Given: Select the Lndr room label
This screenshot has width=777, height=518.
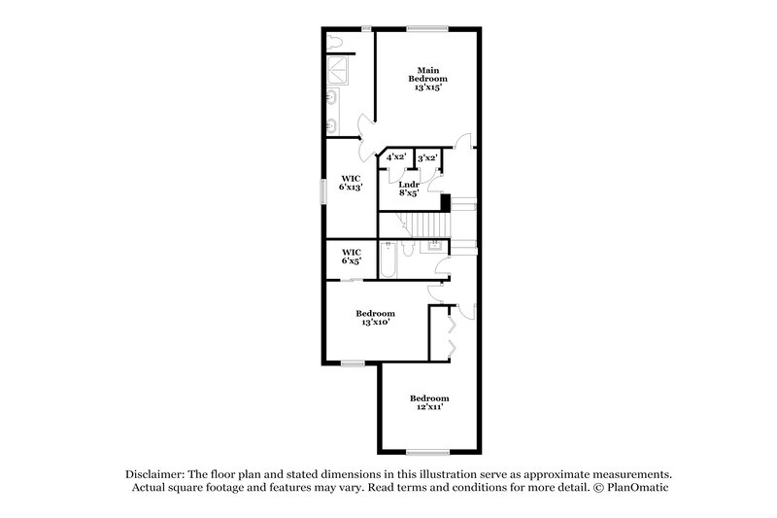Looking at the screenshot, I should pos(409,184).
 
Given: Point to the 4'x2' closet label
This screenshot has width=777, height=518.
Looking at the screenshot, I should pos(396,156).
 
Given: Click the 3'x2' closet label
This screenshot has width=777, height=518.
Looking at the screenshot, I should pos(426,156).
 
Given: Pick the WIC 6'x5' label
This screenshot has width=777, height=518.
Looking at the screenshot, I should pos(351,256).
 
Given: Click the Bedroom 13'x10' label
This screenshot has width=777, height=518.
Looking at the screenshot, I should pos(375,317).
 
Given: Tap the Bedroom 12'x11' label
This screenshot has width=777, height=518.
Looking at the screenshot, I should pos(428,402).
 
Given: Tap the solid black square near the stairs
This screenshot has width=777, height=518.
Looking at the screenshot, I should pos(447,202).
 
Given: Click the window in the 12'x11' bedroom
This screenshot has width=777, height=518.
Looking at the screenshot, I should pos(426,451).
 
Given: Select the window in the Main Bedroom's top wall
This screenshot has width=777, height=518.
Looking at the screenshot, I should pos(426,26).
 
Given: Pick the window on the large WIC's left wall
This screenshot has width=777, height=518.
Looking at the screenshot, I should pos(324,190).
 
